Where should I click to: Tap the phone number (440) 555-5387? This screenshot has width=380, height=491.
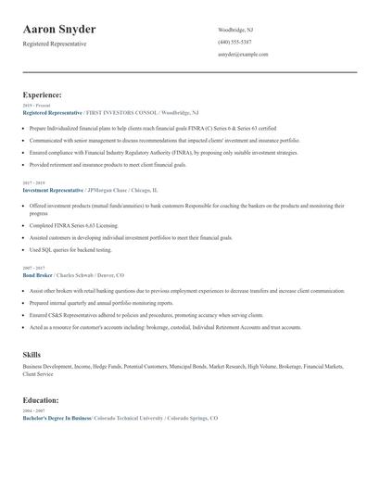(x=234, y=42)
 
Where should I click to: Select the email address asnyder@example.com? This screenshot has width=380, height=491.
(x=243, y=55)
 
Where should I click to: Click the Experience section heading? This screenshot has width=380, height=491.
(x=43, y=94)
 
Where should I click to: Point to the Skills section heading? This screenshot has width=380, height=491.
(x=32, y=355)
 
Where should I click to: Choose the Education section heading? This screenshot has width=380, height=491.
(x=41, y=400)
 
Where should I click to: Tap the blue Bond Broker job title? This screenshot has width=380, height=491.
(x=37, y=275)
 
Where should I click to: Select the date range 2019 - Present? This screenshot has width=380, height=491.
(x=37, y=106)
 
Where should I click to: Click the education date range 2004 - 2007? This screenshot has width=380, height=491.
(x=33, y=410)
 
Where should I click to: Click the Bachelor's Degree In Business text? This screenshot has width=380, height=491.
(x=57, y=418)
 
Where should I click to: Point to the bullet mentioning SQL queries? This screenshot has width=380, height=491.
(x=70, y=250)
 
